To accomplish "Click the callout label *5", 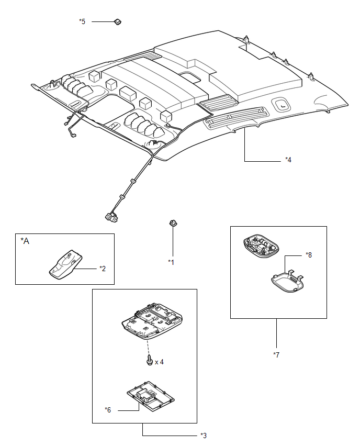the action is (82, 21).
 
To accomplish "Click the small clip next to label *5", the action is (117, 21).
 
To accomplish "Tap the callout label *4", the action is (288, 160).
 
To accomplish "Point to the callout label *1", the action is (171, 262).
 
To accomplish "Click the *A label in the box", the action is (25, 241).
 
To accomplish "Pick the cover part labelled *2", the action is (66, 264).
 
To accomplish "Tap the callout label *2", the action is (103, 268).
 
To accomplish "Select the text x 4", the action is (159, 362).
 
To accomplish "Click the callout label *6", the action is (108, 409).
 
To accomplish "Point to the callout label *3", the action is (204, 435).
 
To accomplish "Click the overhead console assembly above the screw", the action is (152, 321).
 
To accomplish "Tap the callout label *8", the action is (309, 255).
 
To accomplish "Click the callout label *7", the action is (276, 355).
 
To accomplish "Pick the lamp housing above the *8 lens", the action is (261, 246).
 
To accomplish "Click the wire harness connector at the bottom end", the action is (111, 217).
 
